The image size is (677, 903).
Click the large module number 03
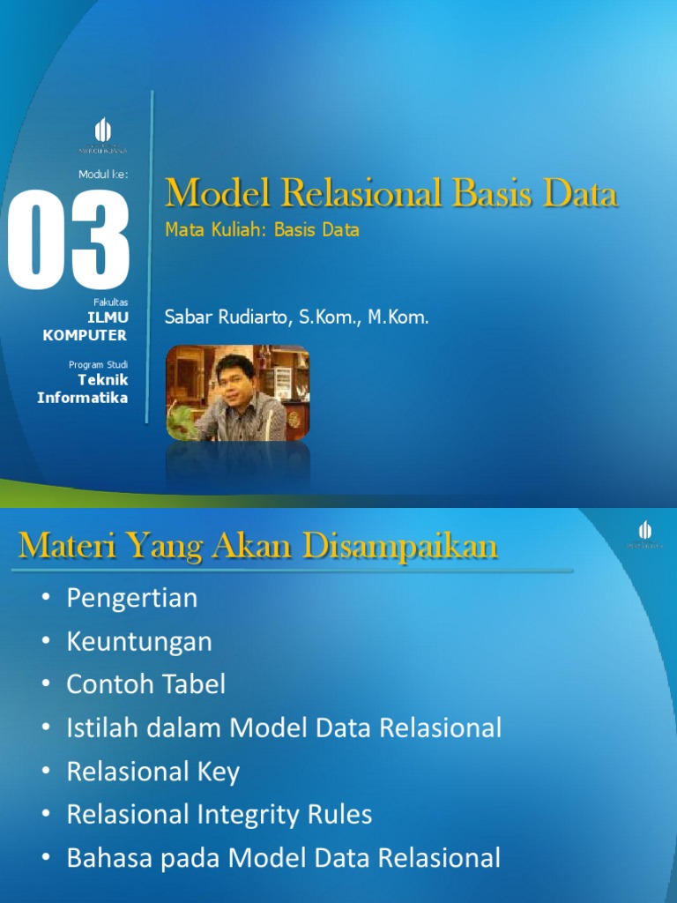click(x=69, y=240)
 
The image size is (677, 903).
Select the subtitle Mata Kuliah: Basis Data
click(x=262, y=230)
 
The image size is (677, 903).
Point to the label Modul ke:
click(x=103, y=174)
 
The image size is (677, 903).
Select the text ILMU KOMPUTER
click(x=86, y=326)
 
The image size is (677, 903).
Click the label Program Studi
click(x=98, y=364)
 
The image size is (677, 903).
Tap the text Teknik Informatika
click(x=83, y=388)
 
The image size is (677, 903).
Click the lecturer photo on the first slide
click(x=238, y=392)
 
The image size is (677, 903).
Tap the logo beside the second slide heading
click(x=645, y=534)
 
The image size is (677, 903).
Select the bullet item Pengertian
click(x=132, y=599)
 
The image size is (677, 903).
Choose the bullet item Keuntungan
click(x=139, y=642)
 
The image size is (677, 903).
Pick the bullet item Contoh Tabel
click(x=146, y=685)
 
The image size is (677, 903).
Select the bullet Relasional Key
click(x=153, y=772)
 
